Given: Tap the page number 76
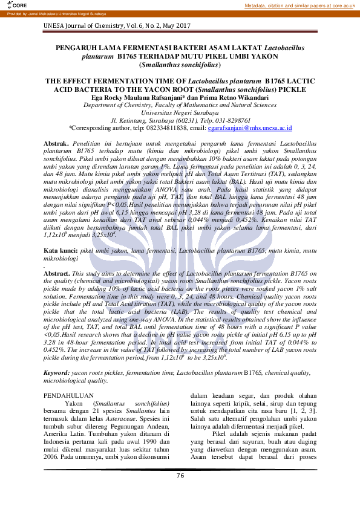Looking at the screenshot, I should click(x=180, y=476).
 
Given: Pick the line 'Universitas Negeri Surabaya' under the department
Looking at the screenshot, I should click(x=180, y=112).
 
